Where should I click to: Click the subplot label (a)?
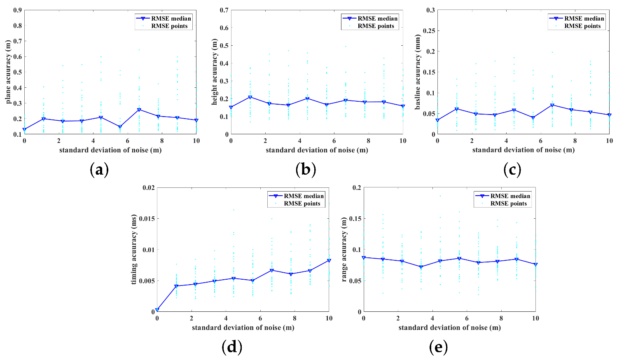coord(99,169)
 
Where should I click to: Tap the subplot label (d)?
coord(231,347)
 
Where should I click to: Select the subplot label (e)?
coord(438,347)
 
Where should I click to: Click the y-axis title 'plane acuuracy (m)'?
coord(8,72)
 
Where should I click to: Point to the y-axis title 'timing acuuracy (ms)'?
coord(134,250)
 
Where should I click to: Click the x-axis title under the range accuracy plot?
coord(449,327)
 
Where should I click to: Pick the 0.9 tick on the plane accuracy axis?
coord(17,10)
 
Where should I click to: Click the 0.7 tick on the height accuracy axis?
coord(224,10)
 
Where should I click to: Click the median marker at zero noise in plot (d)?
coord(157,310)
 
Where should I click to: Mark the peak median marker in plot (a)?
coord(139,110)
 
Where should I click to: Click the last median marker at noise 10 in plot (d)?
coord(329,260)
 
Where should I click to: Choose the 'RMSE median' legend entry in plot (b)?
coord(369,19)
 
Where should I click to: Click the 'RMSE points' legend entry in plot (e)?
coord(508,203)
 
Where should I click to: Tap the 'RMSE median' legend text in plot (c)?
coord(584,19)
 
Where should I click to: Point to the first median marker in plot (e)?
coord(364,257)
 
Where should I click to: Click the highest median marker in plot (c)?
coord(552,105)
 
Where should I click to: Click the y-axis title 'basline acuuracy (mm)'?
coord(418,72)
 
